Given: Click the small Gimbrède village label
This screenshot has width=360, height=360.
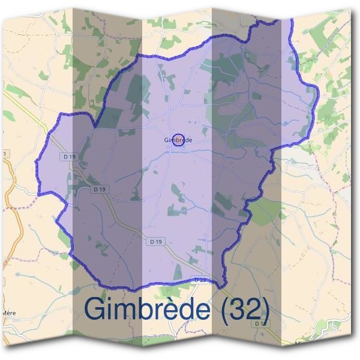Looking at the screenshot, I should (x=178, y=140).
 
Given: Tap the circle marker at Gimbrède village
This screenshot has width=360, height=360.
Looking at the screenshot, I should (x=178, y=140).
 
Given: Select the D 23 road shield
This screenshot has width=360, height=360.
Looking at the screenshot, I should (x=200, y=280).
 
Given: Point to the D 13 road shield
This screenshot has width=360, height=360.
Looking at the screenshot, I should (x=260, y=323).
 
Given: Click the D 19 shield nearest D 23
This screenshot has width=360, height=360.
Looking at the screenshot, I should (x=155, y=241).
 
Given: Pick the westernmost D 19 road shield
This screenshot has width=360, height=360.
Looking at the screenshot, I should (x=68, y=156).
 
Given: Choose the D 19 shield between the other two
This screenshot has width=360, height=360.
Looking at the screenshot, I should (x=100, y=189).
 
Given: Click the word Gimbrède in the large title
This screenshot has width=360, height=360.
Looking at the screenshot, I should (x=147, y=308).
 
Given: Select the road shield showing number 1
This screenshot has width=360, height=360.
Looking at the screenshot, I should (x=5, y=155).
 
